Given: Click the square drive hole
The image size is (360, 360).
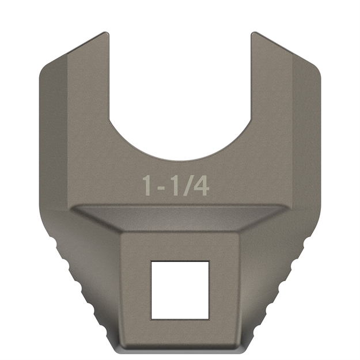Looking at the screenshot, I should tap(179, 290).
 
